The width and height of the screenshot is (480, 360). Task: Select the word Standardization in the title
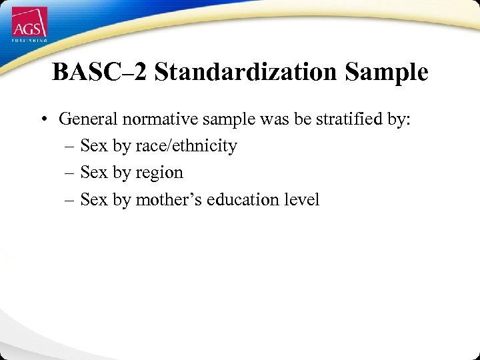click(247, 73)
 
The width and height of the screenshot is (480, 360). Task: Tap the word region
click(159, 173)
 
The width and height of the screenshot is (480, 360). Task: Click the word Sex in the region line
click(93, 173)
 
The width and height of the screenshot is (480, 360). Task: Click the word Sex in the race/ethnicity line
click(93, 146)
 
